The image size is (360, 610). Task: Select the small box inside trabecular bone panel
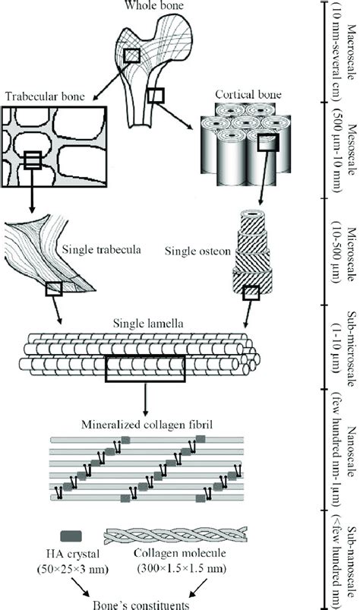coord(32,160)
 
